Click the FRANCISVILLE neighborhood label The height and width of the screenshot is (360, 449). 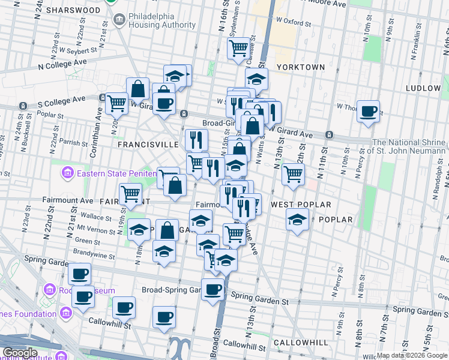pyautogui.click(x=148, y=145)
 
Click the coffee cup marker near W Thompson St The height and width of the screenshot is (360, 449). pyautogui.click(x=368, y=111)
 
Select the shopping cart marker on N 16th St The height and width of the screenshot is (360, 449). pyautogui.click(x=238, y=47)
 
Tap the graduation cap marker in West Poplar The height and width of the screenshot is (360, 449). pyautogui.click(x=297, y=220)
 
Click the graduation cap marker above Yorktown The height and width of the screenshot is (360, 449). pyautogui.click(x=256, y=79)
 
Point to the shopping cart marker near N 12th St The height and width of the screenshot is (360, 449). pyautogui.click(x=293, y=173)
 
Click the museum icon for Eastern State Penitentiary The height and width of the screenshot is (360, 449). pyautogui.click(x=67, y=173)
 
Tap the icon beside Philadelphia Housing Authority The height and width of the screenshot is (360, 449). pyautogui.click(x=119, y=20)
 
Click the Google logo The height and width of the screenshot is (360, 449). pyautogui.click(x=20, y=353)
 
